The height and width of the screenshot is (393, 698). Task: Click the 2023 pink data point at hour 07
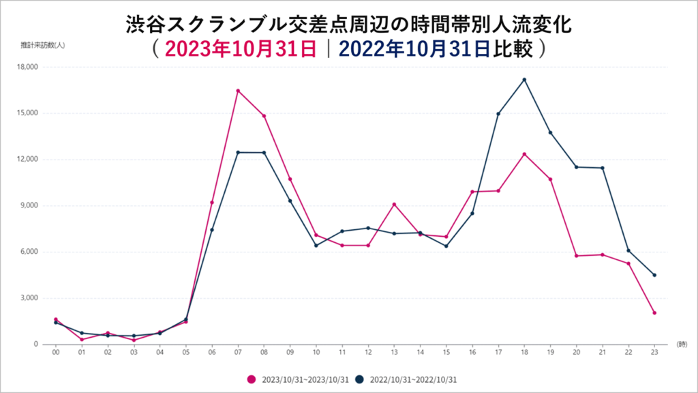pos(238,90)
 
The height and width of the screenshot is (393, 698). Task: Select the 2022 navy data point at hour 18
pos(524,79)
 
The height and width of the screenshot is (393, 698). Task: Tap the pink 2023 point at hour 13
pos(394,204)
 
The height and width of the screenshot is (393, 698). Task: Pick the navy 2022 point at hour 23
pos(654,275)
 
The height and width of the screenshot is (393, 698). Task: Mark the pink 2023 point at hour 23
pos(654,312)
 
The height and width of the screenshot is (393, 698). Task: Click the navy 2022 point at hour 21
pos(602,168)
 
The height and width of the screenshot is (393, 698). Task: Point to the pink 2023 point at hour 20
pos(576,256)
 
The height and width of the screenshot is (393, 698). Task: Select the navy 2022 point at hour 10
pos(316,246)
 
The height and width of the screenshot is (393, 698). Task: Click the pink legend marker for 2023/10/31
pos(252,379)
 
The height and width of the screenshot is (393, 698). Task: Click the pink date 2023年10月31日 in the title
pos(241,49)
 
